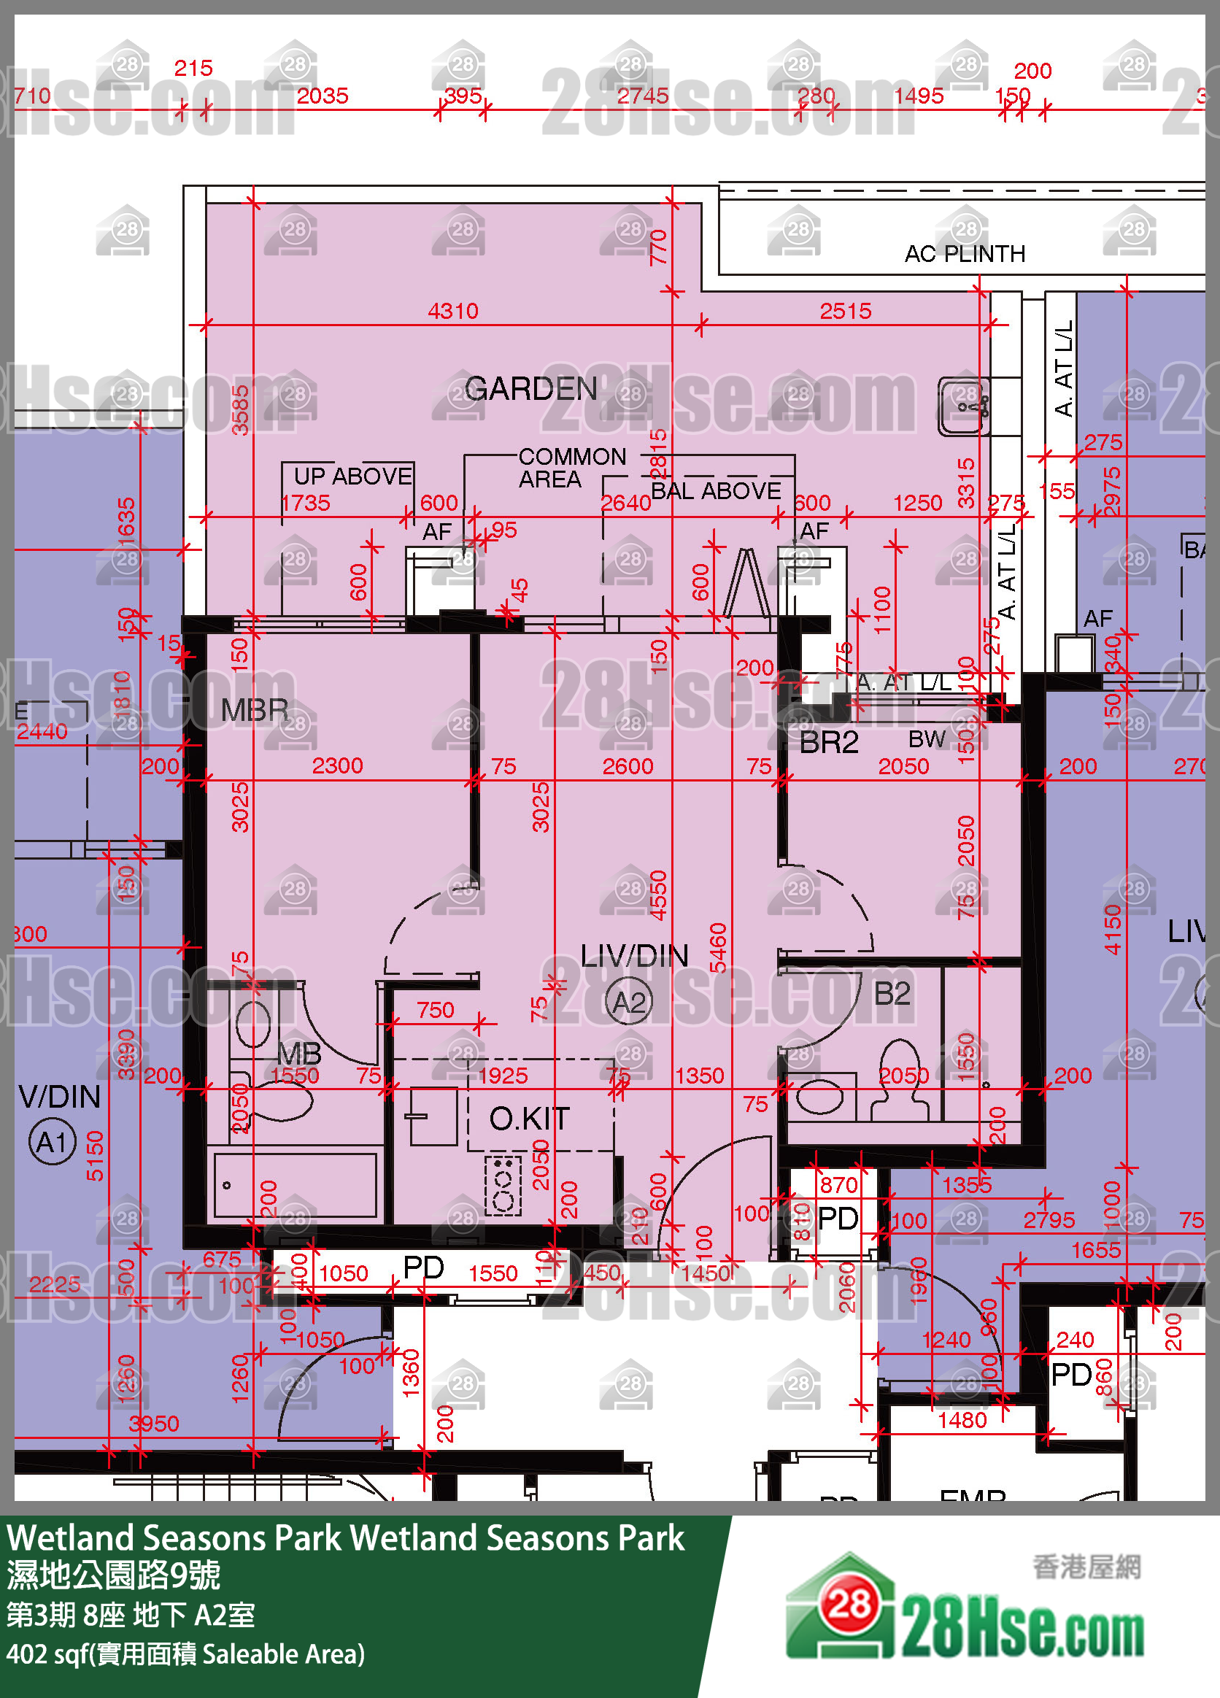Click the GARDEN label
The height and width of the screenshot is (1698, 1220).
[x=530, y=389]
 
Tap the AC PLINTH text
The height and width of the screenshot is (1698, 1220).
[x=964, y=254]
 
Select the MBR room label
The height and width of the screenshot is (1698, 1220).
[x=255, y=710]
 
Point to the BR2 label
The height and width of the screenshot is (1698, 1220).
[x=829, y=743]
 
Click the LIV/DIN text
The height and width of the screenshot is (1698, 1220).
[x=634, y=956]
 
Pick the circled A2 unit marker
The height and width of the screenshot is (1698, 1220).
[x=628, y=1002]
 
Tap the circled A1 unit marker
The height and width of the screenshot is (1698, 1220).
[x=53, y=1143]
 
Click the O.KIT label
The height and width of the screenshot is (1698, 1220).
[x=529, y=1119]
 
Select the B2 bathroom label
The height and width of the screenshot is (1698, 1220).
[x=892, y=994]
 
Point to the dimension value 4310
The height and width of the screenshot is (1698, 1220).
[x=453, y=311]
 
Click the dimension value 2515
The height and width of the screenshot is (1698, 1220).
[x=845, y=311]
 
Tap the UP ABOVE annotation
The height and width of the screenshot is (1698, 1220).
[x=352, y=476]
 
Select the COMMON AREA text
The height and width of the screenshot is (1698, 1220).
[x=571, y=467]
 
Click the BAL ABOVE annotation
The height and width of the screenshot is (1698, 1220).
[x=716, y=491]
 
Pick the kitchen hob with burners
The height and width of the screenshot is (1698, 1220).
[x=503, y=1185]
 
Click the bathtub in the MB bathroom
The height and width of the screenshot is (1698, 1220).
[x=295, y=1185]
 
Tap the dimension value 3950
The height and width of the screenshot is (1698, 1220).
[x=153, y=1423]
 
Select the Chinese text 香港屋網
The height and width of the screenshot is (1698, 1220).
[x=1086, y=1565]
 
